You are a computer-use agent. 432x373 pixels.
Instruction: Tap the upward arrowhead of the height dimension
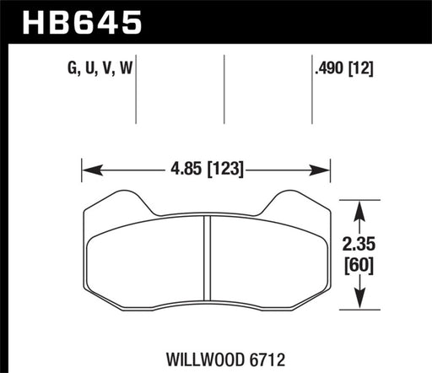(x=361, y=206)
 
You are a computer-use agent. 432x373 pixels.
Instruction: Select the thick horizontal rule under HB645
(x=216, y=40)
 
